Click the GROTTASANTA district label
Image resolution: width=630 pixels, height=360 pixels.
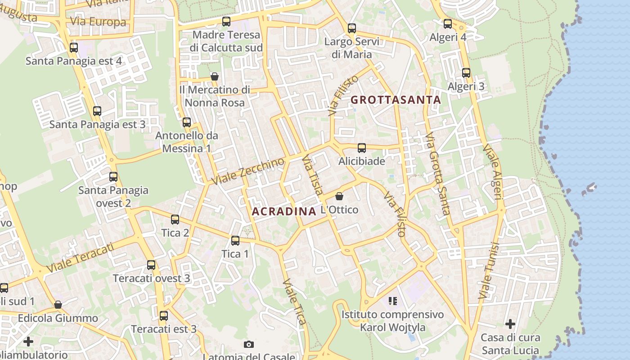click(396, 100)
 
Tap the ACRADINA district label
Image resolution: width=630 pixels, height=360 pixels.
click(284, 211)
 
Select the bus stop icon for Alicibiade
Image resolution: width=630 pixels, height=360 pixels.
click(362, 148)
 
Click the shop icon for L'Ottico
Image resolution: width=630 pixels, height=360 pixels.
click(339, 196)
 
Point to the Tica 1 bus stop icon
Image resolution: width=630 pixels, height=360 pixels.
click(235, 240)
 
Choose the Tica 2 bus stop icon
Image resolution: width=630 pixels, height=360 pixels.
click(175, 219)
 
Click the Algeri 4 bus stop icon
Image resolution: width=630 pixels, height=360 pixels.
click(448, 24)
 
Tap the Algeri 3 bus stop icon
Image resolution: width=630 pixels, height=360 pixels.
click(466, 72)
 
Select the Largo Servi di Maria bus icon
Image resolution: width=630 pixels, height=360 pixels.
click(352, 28)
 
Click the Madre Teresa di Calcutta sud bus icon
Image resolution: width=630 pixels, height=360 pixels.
click(226, 21)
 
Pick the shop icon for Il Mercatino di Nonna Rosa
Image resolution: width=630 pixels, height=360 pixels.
click(215, 76)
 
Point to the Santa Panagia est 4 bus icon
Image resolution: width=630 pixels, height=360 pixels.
click(74, 47)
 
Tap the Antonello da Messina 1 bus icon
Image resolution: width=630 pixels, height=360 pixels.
click(187, 122)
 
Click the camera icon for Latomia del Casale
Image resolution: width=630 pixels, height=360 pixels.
click(249, 344)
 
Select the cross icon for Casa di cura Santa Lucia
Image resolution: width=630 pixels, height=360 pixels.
click(510, 324)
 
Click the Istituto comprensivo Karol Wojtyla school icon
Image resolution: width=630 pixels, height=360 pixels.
click(393, 301)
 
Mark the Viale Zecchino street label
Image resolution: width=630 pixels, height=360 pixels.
click(248, 171)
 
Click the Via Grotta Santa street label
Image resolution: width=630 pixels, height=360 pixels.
click(438, 174)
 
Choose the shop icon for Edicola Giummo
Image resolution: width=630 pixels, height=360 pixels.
click(58, 305)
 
